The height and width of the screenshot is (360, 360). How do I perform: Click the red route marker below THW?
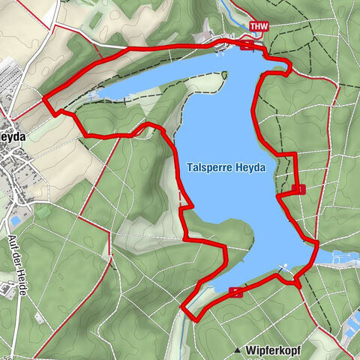pyautogui.click(x=248, y=44)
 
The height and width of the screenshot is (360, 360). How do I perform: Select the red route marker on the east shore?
pyautogui.click(x=299, y=189)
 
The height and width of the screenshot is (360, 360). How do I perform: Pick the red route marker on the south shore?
pyautogui.click(x=237, y=292)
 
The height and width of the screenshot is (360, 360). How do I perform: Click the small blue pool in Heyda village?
pyautogui.click(x=15, y=223)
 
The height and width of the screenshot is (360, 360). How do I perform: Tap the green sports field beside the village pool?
pyautogui.click(x=43, y=211)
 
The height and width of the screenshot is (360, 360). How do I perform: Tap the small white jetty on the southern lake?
pyautogui.click(x=285, y=266)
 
